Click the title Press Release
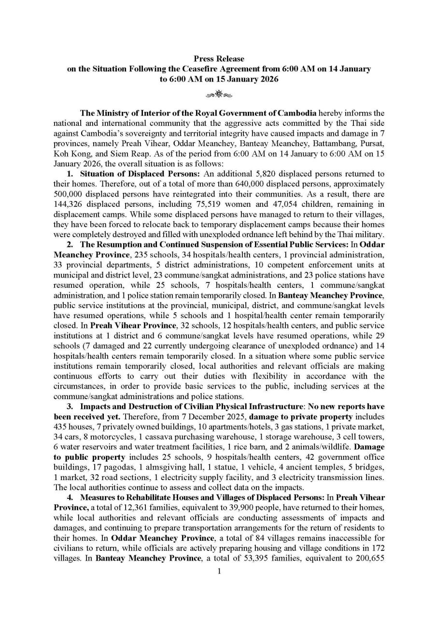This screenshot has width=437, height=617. tap(219, 59)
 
